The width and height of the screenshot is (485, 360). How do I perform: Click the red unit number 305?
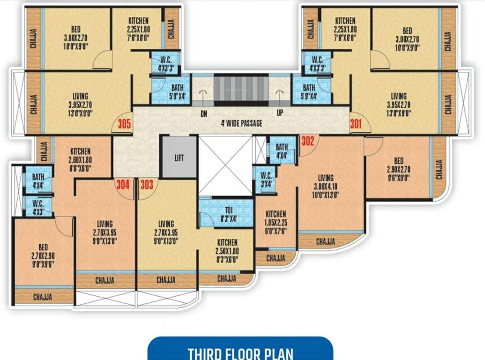click(124, 125)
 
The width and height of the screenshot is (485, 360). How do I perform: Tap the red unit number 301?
click(356, 125)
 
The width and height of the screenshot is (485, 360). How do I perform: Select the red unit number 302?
click(307, 140)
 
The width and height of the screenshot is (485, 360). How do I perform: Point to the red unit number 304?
click(122, 185)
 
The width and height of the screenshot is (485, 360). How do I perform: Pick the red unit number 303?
click(147, 185)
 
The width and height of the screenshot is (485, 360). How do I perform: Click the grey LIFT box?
click(179, 157)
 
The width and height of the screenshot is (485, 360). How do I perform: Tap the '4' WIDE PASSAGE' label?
click(242, 124)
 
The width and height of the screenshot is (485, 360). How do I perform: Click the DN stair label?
click(204, 113)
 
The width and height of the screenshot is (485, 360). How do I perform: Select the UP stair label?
click(280, 113)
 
